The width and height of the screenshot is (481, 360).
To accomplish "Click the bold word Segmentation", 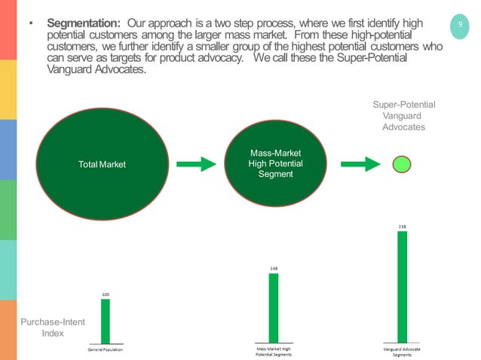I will click(84, 23).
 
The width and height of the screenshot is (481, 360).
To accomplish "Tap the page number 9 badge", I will click(458, 28).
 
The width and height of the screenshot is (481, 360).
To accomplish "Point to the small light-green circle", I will click(402, 163).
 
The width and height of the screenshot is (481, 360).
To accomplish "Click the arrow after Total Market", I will click(197, 164).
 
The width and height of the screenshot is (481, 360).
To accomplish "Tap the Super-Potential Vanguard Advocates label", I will click(404, 116).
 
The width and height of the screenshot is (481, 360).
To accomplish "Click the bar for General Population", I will click(106, 321).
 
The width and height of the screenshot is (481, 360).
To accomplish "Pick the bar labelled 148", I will click(274, 307).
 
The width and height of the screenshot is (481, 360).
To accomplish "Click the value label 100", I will click(106, 294).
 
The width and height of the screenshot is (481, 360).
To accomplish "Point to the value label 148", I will click(274, 267).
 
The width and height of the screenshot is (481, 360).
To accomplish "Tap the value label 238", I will click(403, 225).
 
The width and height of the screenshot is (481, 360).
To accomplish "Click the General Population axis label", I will click(105, 350).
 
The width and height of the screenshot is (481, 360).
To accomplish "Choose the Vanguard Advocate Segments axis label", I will click(402, 352).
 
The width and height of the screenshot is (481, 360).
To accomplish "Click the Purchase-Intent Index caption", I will click(52, 328).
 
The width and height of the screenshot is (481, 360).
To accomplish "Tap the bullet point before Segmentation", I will click(31, 23).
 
